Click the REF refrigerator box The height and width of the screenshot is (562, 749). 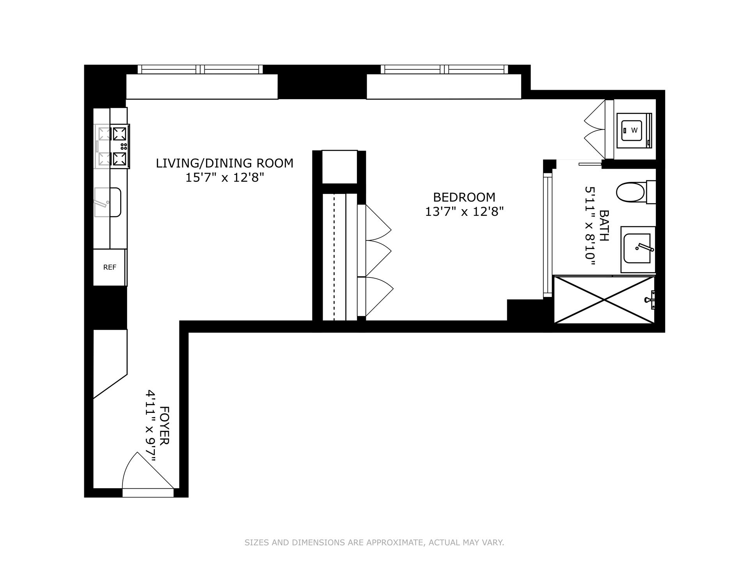110,267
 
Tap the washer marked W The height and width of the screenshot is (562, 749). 634,130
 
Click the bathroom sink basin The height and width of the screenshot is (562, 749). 637,249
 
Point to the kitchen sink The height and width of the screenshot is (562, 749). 108,202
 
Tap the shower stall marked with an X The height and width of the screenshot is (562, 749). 604,300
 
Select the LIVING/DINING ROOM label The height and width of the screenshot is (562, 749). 224,163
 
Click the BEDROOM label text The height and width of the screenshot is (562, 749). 464,197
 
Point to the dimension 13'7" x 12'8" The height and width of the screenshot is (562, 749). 464,212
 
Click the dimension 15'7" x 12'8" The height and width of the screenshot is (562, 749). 224,178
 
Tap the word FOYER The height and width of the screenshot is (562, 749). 165,425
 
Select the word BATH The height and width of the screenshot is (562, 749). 604,226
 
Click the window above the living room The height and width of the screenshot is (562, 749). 200,69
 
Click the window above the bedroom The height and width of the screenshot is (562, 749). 444,69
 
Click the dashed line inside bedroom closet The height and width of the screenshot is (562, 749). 334,258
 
